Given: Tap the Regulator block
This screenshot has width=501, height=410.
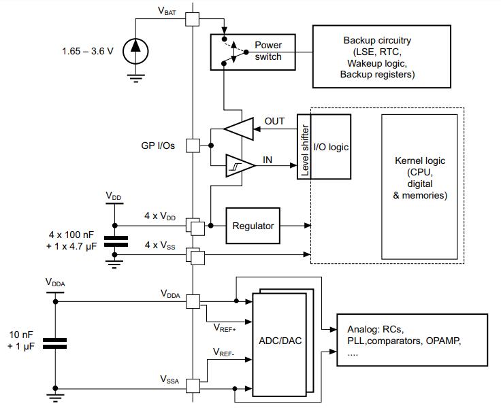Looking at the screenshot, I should pyautogui.click(x=253, y=226).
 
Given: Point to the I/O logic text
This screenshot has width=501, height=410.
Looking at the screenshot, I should pyautogui.click(x=329, y=147).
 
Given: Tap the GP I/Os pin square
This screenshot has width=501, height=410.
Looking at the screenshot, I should pyautogui.click(x=193, y=146).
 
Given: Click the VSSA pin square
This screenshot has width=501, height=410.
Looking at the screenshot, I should pyautogui.click(x=193, y=386).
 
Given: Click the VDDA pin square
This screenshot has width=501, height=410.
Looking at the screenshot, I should pyautogui.click(x=193, y=300).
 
